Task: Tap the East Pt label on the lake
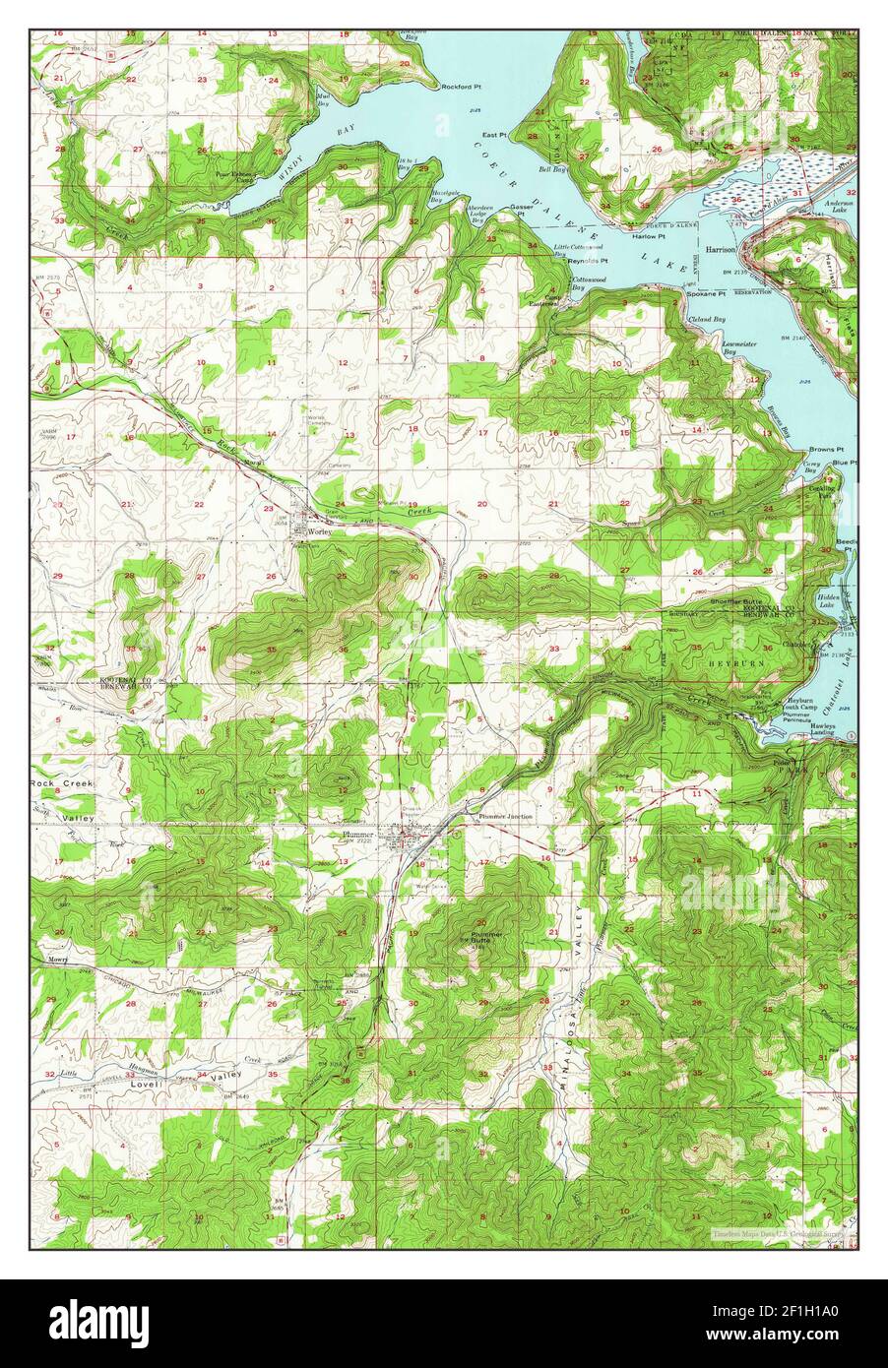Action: point(493,135)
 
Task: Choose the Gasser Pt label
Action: point(522,208)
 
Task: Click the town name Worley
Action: point(321,530)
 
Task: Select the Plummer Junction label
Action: point(505,817)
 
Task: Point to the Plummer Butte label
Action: point(487,937)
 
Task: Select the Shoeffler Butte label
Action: point(733,599)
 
